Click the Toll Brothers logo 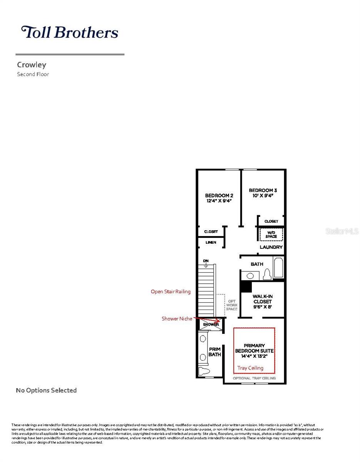[69, 32]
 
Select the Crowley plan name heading [31, 65]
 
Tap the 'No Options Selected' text [46, 390]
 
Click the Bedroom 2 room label [219, 195]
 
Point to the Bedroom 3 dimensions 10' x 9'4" [263, 196]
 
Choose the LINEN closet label [211, 243]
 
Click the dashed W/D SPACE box [271, 234]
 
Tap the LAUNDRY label [271, 247]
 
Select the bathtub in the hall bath [278, 268]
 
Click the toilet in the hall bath [267, 275]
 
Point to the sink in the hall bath [251, 275]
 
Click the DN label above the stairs [206, 261]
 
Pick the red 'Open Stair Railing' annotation [171, 292]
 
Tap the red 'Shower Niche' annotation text [177, 319]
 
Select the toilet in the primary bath [204, 372]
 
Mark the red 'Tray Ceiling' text [250, 368]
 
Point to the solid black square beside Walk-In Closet [245, 287]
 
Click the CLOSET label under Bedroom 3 [271, 221]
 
